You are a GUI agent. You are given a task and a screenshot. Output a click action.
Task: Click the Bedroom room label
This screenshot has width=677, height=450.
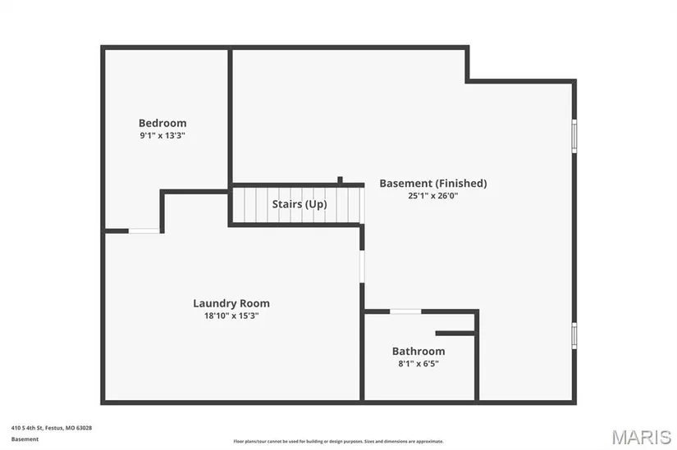[x=162, y=123]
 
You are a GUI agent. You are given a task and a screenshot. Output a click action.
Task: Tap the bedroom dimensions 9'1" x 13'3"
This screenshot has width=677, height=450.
[x=162, y=135]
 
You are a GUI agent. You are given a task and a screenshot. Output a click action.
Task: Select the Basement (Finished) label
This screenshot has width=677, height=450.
[x=433, y=184]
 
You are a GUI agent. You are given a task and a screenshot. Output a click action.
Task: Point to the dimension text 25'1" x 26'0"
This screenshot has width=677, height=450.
[x=433, y=196]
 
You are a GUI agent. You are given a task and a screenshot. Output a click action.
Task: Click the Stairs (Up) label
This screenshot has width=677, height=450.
[x=300, y=204]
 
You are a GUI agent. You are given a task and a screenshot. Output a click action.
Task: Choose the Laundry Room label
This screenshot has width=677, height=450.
[x=231, y=303]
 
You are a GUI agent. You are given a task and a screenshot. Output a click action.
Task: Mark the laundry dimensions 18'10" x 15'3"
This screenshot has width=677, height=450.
[x=231, y=316]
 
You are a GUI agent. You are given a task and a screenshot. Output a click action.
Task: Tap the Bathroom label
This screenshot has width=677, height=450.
[x=419, y=351]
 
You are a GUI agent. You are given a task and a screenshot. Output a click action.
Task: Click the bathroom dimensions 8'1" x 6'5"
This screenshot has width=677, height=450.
[x=419, y=364]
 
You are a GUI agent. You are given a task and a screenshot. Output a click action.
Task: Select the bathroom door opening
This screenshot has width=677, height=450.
[x=405, y=311]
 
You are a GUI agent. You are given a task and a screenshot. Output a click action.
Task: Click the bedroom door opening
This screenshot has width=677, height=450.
[x=144, y=231]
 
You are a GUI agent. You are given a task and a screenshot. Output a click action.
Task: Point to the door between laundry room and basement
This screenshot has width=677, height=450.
[x=362, y=266]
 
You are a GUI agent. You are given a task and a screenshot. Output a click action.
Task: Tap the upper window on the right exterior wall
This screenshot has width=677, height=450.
[x=574, y=136]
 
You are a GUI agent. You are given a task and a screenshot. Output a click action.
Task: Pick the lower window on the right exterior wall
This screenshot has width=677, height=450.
[x=574, y=336]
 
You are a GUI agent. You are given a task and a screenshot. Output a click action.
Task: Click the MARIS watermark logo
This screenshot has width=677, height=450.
[x=641, y=437]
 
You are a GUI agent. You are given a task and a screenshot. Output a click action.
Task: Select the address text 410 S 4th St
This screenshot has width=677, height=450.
[x=27, y=428]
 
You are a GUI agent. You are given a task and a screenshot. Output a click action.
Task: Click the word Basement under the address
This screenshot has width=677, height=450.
[x=25, y=439]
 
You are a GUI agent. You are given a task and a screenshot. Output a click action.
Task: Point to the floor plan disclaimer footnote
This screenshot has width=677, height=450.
[x=338, y=441]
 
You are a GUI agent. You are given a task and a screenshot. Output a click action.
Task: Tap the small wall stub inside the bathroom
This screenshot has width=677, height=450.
[x=455, y=334]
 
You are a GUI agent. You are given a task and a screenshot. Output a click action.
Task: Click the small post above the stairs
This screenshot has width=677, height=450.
[x=340, y=180]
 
